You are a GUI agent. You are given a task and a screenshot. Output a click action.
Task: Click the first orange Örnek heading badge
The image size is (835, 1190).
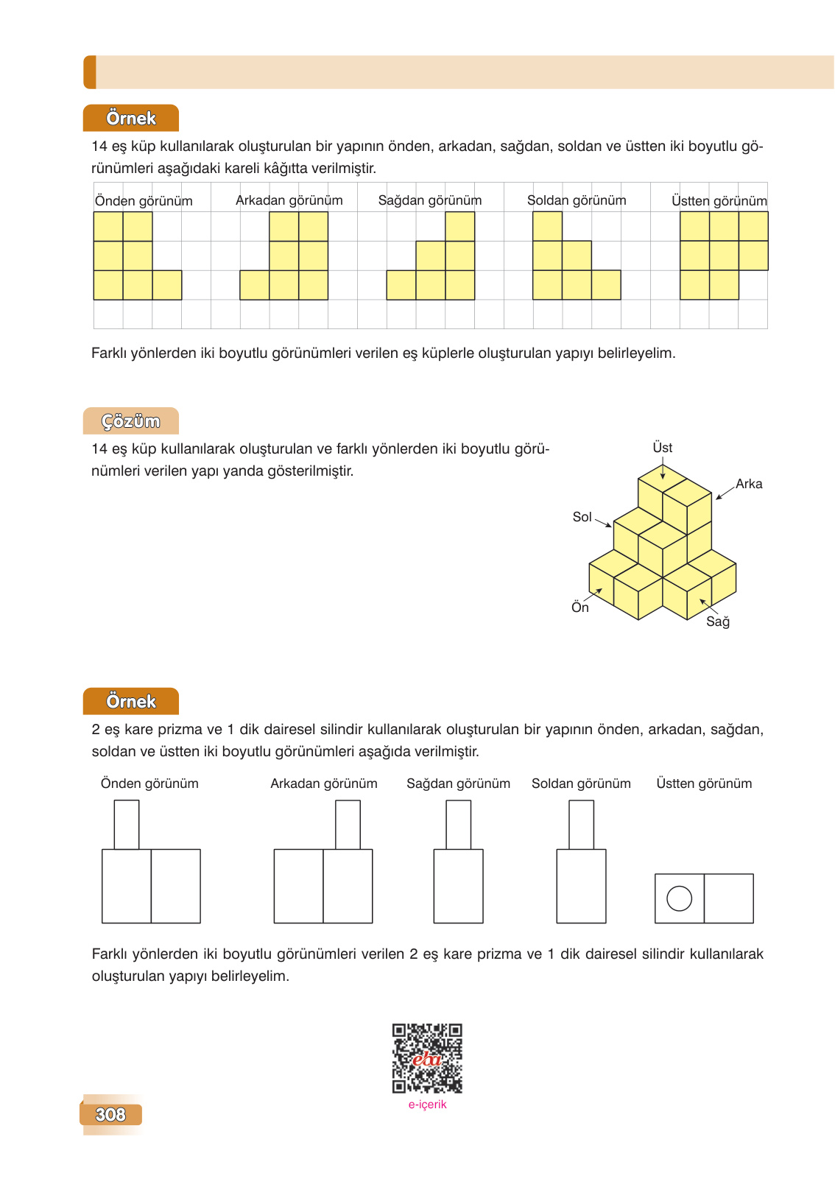click(x=131, y=119)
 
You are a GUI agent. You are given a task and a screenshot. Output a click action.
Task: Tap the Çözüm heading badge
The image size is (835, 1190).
click(x=131, y=421)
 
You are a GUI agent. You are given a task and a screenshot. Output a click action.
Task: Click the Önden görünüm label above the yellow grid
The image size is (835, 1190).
click(x=144, y=201)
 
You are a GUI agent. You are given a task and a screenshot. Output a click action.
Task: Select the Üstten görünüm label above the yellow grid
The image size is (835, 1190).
click(x=719, y=201)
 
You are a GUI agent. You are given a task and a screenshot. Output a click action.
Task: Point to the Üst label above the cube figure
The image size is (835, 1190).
click(x=662, y=448)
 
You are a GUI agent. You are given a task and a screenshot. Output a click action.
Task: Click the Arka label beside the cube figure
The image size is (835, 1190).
click(x=748, y=484)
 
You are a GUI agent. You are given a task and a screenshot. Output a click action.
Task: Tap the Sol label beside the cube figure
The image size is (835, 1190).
click(x=582, y=517)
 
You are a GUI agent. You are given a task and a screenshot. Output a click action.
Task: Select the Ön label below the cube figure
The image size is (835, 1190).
click(x=580, y=608)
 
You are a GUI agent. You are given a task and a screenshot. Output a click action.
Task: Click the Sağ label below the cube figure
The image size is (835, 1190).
click(x=717, y=622)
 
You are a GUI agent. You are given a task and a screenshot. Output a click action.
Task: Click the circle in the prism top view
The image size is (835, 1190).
click(x=679, y=898)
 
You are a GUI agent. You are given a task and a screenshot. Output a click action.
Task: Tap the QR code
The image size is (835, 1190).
click(x=427, y=1058)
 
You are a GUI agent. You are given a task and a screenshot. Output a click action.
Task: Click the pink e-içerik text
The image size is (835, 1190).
click(x=427, y=1105)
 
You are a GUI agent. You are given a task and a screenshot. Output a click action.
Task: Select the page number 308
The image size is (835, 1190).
click(x=110, y=1114)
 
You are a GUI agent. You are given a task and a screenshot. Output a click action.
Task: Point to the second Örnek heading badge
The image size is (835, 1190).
click(x=131, y=701)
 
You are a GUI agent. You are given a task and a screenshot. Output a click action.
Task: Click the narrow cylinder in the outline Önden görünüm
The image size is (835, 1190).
click(x=127, y=825)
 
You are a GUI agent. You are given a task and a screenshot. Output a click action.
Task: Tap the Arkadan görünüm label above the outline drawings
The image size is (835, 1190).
click(x=323, y=784)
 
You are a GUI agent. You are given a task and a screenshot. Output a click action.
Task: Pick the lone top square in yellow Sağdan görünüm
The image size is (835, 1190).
click(x=460, y=226)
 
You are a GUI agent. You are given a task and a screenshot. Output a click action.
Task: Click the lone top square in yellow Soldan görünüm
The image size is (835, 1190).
click(x=547, y=226)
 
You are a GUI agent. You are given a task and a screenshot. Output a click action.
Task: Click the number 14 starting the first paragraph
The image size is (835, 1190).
click(x=99, y=147)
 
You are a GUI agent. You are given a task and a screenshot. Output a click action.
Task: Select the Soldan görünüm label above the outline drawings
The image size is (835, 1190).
click(x=581, y=784)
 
